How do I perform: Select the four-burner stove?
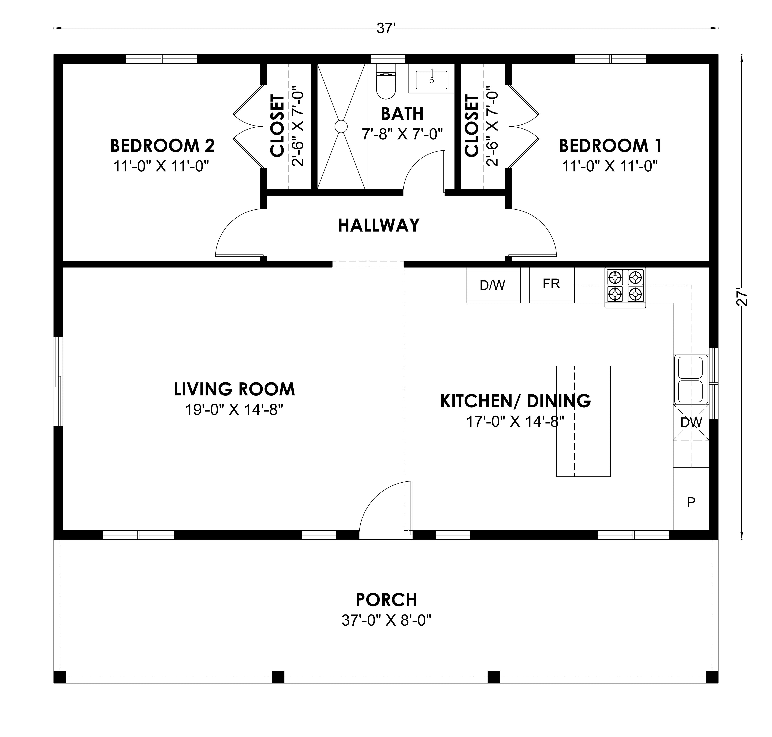pyautogui.click(x=625, y=288)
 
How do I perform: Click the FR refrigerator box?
pyautogui.click(x=552, y=284)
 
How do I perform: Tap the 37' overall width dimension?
pyautogui.click(x=386, y=28)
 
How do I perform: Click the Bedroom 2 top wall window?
pyautogui.click(x=162, y=59)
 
